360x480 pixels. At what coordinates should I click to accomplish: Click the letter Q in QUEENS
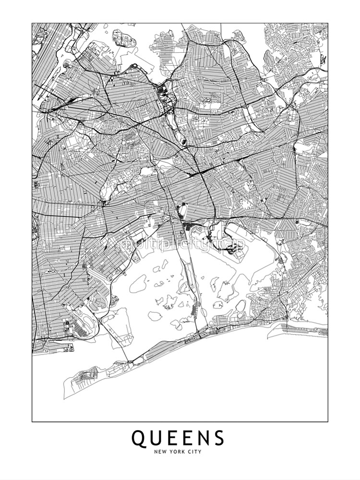tap(138, 438)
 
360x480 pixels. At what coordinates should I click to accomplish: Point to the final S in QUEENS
tap(218, 438)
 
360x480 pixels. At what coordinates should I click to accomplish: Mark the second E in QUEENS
tap(187, 438)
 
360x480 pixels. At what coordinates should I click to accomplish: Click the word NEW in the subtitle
tap(160, 452)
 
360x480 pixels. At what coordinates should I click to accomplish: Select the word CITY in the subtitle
tap(195, 452)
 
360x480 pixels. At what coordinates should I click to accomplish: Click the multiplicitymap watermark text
tap(183, 244)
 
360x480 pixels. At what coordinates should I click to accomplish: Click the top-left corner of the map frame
tap(32, 23)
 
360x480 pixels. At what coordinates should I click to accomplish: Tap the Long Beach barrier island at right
tap(302, 329)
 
